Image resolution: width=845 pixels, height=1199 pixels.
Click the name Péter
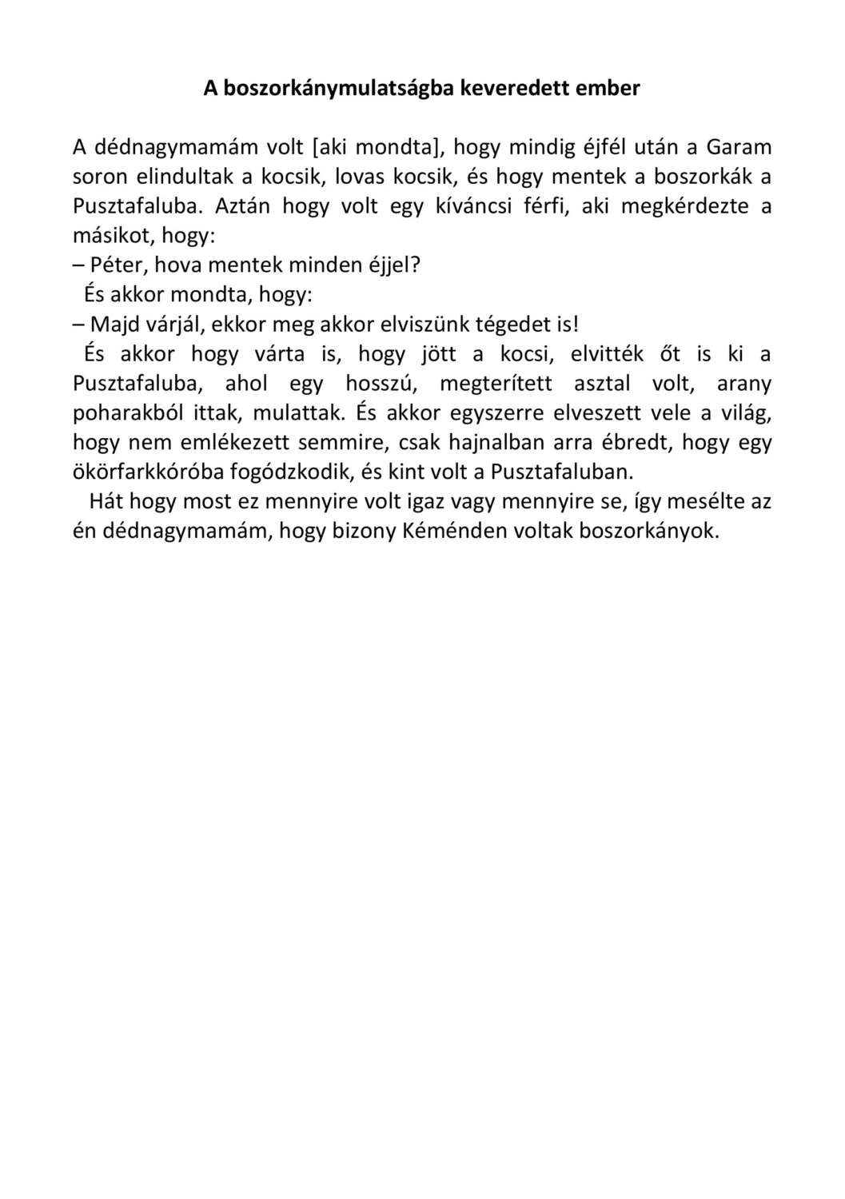pyautogui.click(x=119, y=265)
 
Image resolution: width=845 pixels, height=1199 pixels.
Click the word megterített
pyautogui.click(x=496, y=383)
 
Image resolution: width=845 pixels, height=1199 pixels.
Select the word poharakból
pyautogui.click(x=126, y=412)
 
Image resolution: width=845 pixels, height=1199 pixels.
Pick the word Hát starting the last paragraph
pyautogui.click(x=106, y=501)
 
